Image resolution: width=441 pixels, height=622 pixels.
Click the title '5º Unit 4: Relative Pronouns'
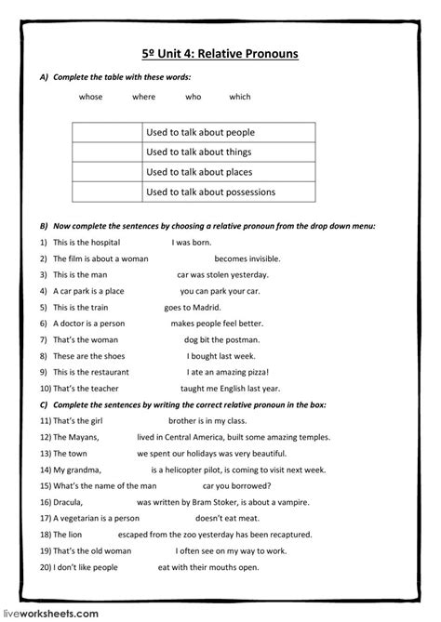click(x=220, y=54)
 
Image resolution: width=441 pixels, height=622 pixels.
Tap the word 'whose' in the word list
click(x=91, y=97)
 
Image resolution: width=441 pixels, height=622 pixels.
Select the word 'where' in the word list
click(x=144, y=97)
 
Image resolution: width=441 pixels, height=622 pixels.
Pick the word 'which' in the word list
click(x=240, y=97)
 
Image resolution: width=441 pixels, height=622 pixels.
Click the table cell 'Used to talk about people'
click(x=200, y=132)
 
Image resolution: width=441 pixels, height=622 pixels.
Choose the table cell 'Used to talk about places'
click(x=199, y=172)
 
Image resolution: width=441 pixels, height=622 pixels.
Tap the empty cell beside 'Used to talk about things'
click(x=106, y=152)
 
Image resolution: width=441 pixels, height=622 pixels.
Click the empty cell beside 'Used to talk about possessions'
click(x=106, y=192)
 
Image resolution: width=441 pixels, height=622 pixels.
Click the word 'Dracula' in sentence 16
click(x=70, y=501)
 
